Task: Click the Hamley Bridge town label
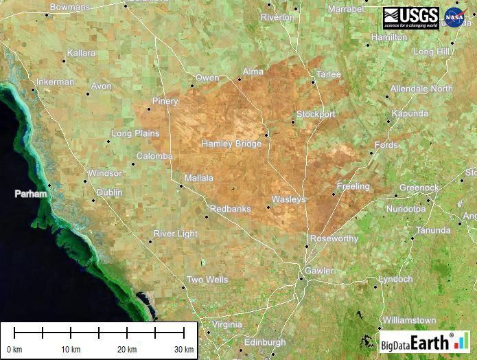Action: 231,144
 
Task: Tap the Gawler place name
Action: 319,271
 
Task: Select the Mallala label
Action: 198,178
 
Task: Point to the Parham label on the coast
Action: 32,194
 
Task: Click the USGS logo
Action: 410,18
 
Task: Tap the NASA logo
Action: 455,18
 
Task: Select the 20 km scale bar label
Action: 126,349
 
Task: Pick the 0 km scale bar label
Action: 14,349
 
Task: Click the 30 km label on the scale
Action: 183,349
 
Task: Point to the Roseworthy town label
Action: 334,238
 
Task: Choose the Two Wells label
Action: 207,280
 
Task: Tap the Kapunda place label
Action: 410,113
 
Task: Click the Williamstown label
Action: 409,320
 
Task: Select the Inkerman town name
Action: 55,82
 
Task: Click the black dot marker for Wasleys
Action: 268,207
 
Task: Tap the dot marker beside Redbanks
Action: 206,217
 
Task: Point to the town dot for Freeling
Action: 334,194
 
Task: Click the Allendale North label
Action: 421,89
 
